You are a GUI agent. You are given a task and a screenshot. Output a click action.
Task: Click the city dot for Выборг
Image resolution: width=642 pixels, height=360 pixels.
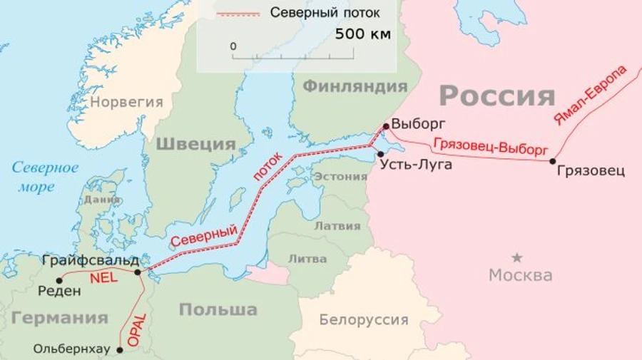click(386, 126)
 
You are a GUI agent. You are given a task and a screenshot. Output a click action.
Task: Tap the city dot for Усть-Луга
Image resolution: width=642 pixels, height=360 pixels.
click(381, 153)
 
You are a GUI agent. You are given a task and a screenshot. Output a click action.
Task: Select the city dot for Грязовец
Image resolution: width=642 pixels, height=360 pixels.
click(553, 161)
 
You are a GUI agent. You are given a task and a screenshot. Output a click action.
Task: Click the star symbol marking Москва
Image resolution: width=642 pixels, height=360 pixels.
click(517, 257)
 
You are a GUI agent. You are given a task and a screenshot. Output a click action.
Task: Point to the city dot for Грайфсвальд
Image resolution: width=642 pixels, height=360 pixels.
click(138, 271)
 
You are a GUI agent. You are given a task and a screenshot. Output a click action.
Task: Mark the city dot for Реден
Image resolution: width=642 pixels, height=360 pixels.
click(59, 280)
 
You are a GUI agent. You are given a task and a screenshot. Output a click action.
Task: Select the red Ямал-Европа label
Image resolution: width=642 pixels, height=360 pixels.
click(590, 95)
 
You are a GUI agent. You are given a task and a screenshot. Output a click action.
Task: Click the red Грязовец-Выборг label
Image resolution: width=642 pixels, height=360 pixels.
click(490, 147)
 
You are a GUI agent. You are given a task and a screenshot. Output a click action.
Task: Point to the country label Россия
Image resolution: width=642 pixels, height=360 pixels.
click(496, 96)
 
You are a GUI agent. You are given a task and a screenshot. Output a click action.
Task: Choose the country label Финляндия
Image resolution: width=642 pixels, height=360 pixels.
click(355, 86)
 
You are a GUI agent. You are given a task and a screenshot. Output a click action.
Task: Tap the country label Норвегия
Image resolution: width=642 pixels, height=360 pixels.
click(127, 102)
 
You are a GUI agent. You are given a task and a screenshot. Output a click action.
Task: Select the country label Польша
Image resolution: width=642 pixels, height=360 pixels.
click(218, 309)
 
